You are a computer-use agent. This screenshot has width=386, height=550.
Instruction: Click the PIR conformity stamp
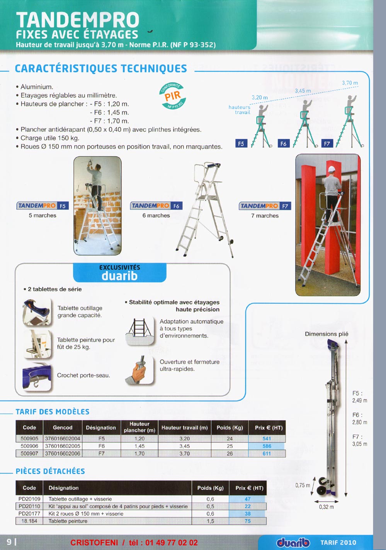pyautogui.click(x=172, y=96)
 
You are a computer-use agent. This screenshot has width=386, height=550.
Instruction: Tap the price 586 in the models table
pyautogui.click(x=267, y=446)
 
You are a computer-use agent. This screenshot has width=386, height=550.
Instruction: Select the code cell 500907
pyautogui.click(x=29, y=454)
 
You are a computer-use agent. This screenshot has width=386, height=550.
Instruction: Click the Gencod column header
pyautogui.click(x=63, y=428)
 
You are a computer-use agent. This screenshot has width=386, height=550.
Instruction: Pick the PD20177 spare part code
pyautogui.click(x=29, y=513)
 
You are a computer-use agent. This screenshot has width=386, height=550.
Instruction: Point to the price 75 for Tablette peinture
pyautogui.click(x=248, y=521)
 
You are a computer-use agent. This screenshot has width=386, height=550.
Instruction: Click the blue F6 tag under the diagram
pyautogui.click(x=284, y=144)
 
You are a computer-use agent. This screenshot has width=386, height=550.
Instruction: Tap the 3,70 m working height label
pyautogui.click(x=350, y=83)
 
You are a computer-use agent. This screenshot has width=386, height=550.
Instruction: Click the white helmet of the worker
pyautogui.click(x=332, y=169)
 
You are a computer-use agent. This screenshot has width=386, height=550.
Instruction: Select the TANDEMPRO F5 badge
pyautogui.click(x=43, y=205)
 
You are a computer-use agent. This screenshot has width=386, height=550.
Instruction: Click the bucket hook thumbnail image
pyautogui.click(x=37, y=377)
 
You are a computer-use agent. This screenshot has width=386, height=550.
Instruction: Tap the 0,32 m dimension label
pyautogui.click(x=326, y=507)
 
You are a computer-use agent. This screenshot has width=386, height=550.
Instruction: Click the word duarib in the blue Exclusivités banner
pyautogui.click(x=119, y=276)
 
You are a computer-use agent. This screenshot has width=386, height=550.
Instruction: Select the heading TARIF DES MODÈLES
pyautogui.click(x=53, y=412)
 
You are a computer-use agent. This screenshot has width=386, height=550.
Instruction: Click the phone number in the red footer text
pyautogui.click(x=172, y=542)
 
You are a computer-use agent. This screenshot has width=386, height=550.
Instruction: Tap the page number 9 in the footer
pyautogui.click(x=9, y=542)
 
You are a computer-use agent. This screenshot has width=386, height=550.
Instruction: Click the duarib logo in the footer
pyautogui.click(x=293, y=542)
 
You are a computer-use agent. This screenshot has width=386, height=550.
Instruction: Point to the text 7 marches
pyautogui.click(x=265, y=216)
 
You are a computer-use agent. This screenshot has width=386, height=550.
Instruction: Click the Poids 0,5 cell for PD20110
pyautogui.click(x=210, y=506)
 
